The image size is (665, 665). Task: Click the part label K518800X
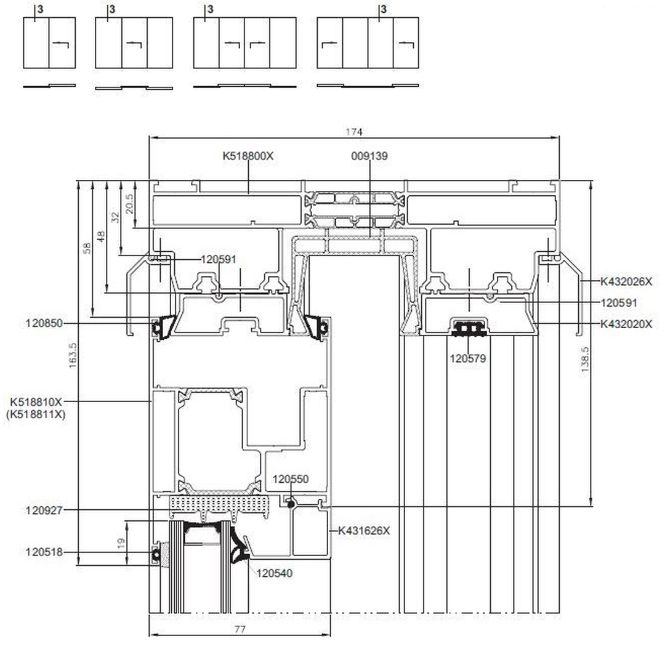point(248,156)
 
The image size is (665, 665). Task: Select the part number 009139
point(369,156)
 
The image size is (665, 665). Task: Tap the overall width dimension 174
point(354,131)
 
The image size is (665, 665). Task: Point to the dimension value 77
point(240,629)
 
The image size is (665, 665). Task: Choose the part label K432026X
point(626,281)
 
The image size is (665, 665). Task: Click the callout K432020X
point(626,323)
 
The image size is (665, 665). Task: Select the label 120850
point(44,323)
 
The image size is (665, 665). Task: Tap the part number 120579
point(468,357)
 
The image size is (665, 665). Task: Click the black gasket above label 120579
point(469,328)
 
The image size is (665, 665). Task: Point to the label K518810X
point(36,402)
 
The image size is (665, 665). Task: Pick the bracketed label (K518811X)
point(36,414)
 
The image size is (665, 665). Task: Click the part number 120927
point(44,510)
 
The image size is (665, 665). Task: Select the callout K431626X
point(364,530)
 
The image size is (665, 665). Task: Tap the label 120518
point(44,552)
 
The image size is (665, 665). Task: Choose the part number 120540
point(275,573)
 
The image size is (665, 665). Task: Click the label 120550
point(291,479)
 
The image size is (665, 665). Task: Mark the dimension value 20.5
point(129,203)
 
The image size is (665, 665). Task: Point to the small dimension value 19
point(121,543)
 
